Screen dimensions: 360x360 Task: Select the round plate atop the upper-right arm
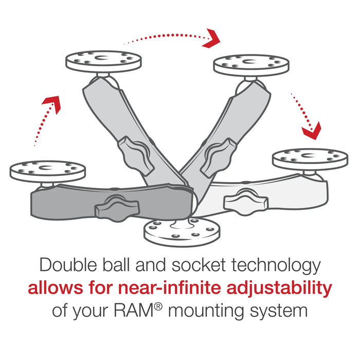[251, 64]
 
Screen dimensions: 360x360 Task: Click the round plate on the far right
[310, 158]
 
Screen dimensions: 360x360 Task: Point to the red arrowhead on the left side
[51, 104]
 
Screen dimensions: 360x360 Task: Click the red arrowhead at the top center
[211, 39]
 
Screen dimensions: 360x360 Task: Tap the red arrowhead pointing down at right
[311, 130]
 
